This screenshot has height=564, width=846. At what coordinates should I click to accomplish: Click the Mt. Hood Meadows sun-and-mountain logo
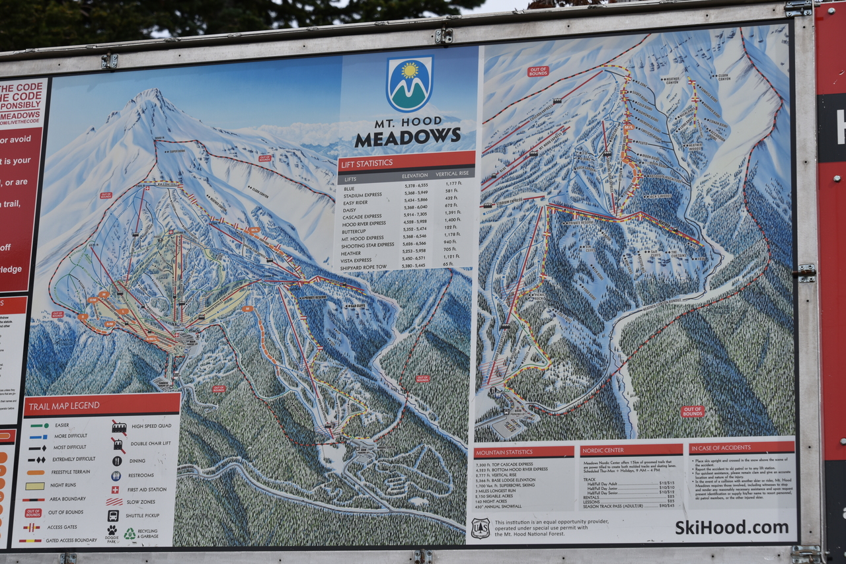click(409, 83)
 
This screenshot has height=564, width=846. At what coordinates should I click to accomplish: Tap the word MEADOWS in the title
click(407, 137)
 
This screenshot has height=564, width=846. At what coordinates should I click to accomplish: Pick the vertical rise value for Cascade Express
click(452, 213)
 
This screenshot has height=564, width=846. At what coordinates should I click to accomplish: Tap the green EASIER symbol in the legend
click(38, 425)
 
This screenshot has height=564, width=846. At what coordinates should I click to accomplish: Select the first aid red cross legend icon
click(116, 490)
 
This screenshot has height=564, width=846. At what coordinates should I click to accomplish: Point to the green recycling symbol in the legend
click(130, 532)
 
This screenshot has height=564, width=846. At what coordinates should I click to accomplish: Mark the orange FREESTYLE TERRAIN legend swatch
click(36, 472)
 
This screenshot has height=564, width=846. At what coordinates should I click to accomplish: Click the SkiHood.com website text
click(731, 526)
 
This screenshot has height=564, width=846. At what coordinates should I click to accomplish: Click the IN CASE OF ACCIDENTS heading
click(724, 448)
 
